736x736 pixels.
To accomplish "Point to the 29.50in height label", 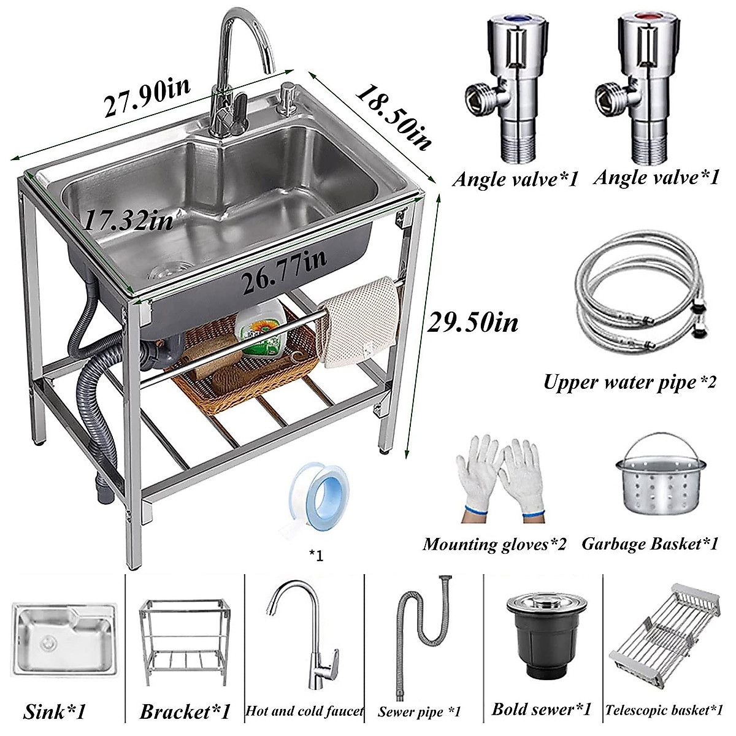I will pyautogui.click(x=472, y=321).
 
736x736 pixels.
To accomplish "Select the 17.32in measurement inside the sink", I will pyautogui.click(x=128, y=220).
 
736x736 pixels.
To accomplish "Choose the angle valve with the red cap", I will pyautogui.click(x=638, y=92).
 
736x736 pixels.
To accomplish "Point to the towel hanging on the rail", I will pyautogui.click(x=361, y=322).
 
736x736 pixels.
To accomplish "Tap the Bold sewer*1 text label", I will pyautogui.click(x=542, y=710).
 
